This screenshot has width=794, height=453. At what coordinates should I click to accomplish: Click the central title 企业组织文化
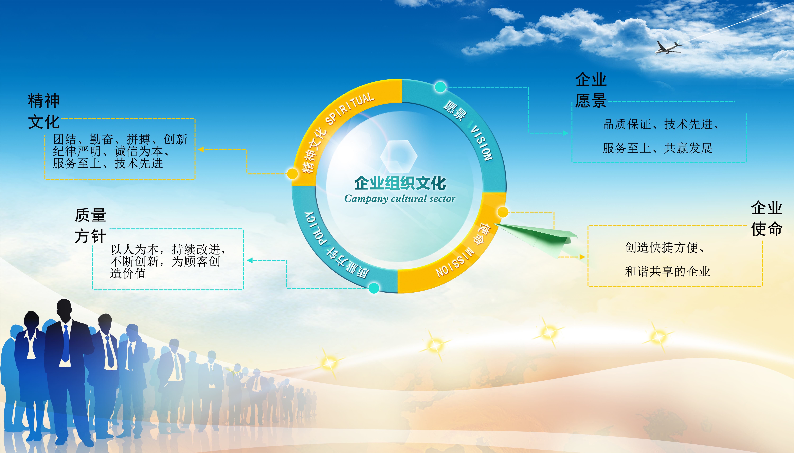pyautogui.click(x=400, y=183)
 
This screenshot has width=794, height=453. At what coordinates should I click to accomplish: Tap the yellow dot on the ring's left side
pyautogui.click(x=292, y=174)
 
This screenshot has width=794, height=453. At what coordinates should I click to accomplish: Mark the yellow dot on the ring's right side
pyautogui.click(x=503, y=212)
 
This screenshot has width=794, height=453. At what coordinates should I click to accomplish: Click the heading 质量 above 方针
pyautogui.click(x=90, y=215)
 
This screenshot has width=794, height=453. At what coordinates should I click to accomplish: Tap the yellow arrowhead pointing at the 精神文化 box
pyautogui.click(x=201, y=149)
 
